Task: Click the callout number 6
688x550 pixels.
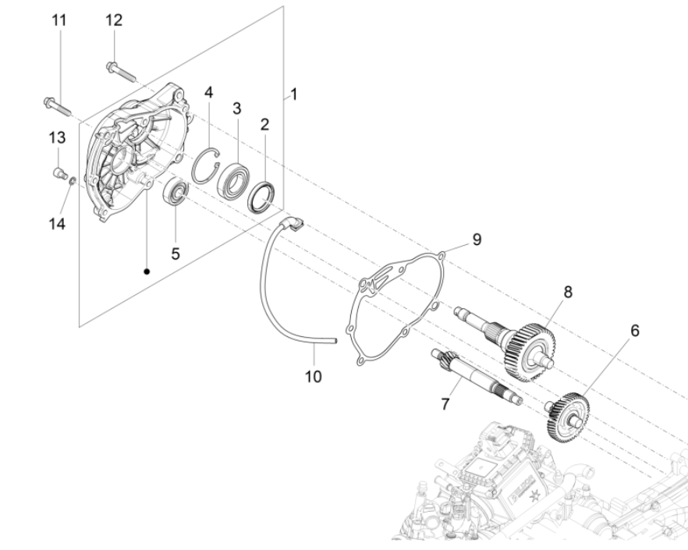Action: (x=634, y=331)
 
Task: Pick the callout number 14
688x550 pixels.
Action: (x=55, y=222)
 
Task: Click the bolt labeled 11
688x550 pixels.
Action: (x=51, y=104)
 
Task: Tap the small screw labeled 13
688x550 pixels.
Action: (x=57, y=171)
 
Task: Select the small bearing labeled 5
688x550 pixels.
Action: (x=176, y=191)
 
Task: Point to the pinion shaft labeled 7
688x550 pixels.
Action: (x=475, y=379)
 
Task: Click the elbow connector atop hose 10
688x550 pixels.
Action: (x=296, y=224)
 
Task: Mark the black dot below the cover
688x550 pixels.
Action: (x=147, y=272)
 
